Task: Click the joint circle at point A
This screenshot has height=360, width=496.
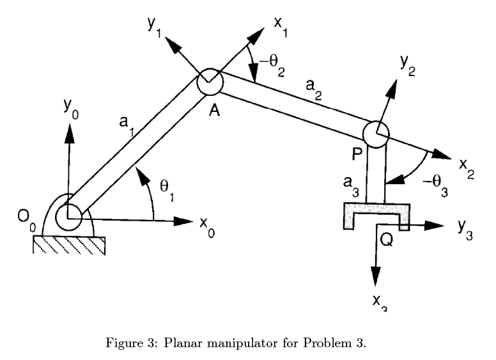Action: (209, 82)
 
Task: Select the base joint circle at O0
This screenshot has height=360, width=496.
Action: (68, 217)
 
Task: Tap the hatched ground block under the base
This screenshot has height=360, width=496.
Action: (70, 244)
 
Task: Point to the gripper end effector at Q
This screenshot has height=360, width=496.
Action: (376, 214)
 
